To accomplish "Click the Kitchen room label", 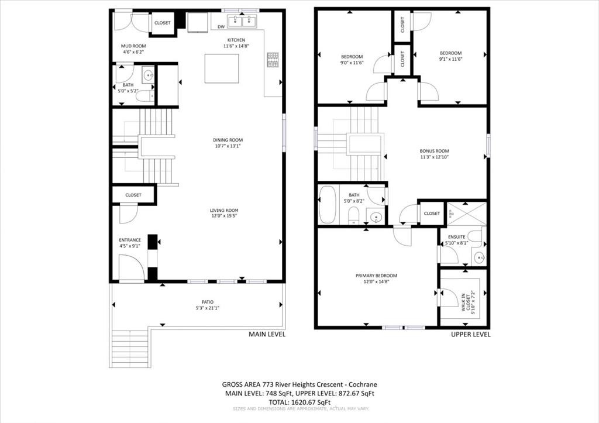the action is (x=233, y=40).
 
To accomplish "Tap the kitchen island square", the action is (x=222, y=69).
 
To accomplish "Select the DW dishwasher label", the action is (x=221, y=27).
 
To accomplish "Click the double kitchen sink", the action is (x=241, y=22).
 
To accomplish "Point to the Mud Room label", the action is (x=133, y=46).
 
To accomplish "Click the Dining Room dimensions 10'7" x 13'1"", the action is (x=228, y=146).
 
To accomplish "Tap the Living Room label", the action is (x=225, y=210).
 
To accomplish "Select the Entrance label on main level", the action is (x=130, y=240).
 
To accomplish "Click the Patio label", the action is (x=208, y=302).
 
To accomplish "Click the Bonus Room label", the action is (x=434, y=150).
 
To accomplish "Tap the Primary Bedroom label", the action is (x=376, y=276).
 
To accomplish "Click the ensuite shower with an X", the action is (x=466, y=213).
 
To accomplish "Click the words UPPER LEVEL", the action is (x=470, y=335).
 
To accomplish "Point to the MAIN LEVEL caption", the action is (x=267, y=335).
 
